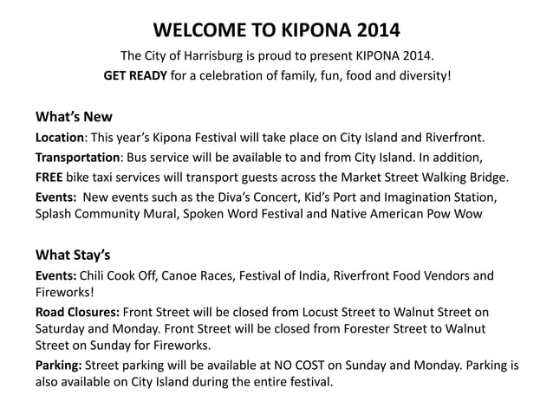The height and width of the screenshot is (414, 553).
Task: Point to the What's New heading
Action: (74, 117)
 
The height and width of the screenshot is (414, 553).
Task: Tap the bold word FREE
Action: (49, 178)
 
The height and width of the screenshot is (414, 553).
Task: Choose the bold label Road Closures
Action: (77, 313)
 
